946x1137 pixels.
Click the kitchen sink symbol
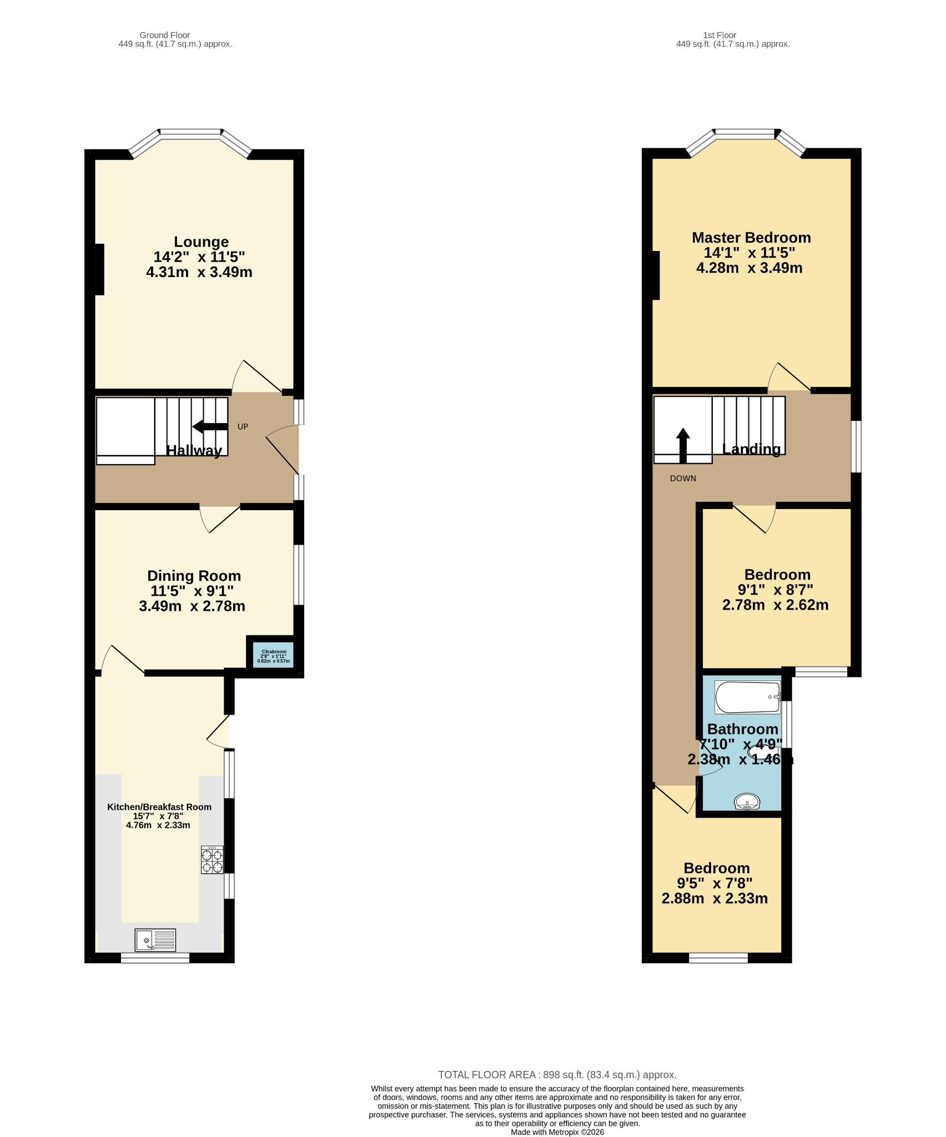(x=155, y=940)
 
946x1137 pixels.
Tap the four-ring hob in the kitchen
(x=212, y=860)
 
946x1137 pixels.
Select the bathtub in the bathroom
(x=748, y=697)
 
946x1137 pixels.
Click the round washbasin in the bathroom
(x=747, y=802)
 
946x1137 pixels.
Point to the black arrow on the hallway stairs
(x=210, y=426)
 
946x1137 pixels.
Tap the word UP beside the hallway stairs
(x=243, y=426)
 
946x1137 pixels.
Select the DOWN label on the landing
(x=683, y=478)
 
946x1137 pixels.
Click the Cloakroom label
(x=274, y=651)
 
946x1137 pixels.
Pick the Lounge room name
(x=201, y=242)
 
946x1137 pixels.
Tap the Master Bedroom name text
(x=751, y=238)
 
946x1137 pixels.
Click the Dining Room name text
(x=194, y=576)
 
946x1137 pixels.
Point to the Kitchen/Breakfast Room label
(x=159, y=807)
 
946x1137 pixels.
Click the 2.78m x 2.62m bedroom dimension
(x=775, y=605)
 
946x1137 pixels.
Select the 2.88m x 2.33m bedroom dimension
(x=714, y=898)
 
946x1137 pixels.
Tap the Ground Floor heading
(x=165, y=35)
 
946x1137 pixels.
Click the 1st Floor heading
(x=719, y=35)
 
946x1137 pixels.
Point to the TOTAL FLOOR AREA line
(x=557, y=1074)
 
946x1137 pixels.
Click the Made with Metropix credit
(x=557, y=1132)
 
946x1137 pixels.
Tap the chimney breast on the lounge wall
(x=99, y=269)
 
